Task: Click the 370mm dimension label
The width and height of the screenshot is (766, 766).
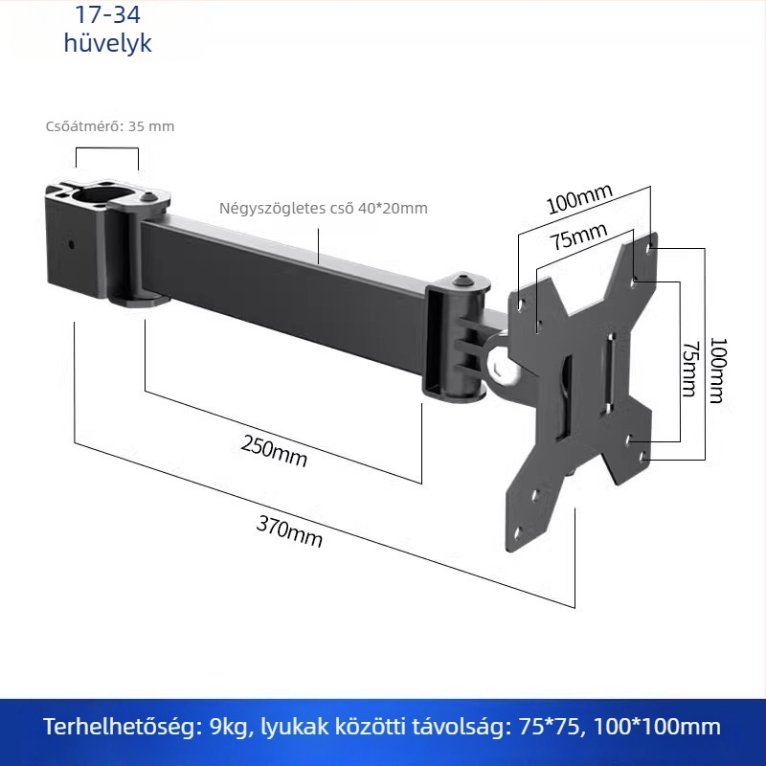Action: pyautogui.click(x=289, y=532)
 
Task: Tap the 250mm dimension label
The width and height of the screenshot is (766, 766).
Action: pyautogui.click(x=274, y=452)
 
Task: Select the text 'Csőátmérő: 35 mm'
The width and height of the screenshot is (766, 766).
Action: pyautogui.click(x=110, y=126)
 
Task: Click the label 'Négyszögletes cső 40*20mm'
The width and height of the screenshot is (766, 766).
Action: pyautogui.click(x=324, y=208)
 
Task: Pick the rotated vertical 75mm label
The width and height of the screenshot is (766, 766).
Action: pyautogui.click(x=690, y=369)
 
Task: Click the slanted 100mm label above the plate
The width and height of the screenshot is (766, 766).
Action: pyautogui.click(x=579, y=199)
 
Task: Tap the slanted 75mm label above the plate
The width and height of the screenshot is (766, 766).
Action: pyautogui.click(x=579, y=236)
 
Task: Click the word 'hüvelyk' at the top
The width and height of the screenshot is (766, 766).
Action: pyautogui.click(x=107, y=43)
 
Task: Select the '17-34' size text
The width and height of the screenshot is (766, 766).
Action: pyautogui.click(x=107, y=14)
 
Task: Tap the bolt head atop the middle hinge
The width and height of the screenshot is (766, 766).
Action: pyautogui.click(x=462, y=281)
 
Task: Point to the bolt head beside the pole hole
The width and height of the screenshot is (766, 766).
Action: pyautogui.click(x=148, y=197)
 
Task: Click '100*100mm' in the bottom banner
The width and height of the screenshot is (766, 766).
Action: pyautogui.click(x=657, y=727)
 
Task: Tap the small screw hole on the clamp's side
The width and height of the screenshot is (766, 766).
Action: pyautogui.click(x=71, y=245)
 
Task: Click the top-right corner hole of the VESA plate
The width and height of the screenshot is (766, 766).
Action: pyautogui.click(x=650, y=249)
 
